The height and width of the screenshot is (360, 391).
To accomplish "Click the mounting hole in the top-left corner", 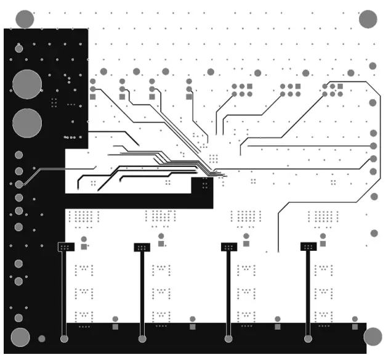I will tap(25, 18).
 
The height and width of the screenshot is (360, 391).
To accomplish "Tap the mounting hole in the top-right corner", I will tap(368, 19).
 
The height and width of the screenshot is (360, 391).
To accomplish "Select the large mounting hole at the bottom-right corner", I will tap(373, 337).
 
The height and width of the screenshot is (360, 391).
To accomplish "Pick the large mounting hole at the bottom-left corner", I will tap(20, 337).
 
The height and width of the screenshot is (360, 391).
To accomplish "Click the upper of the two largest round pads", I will tap(26, 84).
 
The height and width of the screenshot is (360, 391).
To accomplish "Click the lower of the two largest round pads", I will tap(26, 123).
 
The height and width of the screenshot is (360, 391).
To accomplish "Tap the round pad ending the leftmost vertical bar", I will tap(64, 338).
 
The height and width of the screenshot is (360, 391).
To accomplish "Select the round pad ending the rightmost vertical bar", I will tap(308, 338).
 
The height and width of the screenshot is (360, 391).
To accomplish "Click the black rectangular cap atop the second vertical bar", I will tap(142, 247).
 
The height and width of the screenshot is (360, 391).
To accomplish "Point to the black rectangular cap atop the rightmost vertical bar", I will tap(308, 246).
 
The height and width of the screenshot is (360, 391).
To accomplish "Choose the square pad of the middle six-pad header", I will tap(297, 87).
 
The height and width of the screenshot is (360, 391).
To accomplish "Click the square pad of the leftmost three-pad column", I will tap(92, 96).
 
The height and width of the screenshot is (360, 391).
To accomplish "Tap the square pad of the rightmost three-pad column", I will tap(189, 96).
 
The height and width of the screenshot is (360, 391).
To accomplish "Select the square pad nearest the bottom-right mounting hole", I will tap(355, 326).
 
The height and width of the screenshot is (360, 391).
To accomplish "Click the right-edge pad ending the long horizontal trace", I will tap(373, 145).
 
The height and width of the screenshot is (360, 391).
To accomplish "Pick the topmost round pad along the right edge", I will tap(373, 66).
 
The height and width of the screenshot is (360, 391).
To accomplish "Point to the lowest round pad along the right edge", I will tap(374, 233).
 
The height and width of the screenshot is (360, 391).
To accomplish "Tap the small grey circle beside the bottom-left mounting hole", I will tap(42, 338).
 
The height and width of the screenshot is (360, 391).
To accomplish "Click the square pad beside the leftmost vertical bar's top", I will tap(84, 247).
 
